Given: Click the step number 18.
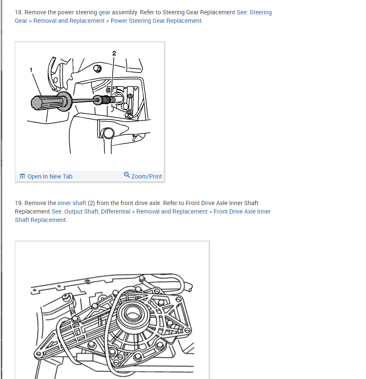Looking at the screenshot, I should [18, 12].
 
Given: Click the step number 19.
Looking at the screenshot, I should [18, 203].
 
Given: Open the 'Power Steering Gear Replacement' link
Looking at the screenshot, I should [156, 21].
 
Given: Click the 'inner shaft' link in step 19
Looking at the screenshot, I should [72, 203].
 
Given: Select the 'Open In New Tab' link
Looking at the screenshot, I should [49, 176].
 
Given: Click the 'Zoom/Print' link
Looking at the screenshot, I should [146, 176].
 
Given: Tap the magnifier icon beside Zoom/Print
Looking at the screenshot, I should [127, 175].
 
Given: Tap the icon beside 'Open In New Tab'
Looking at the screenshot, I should [22, 176].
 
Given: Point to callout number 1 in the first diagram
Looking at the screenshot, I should [31, 70].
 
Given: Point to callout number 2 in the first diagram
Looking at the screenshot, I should [114, 53].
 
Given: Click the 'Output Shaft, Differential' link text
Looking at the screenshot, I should [97, 211].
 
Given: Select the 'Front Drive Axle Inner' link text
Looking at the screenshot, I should [242, 211].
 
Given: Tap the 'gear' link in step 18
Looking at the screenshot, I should [104, 12].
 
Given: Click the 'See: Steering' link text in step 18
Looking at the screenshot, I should [254, 12].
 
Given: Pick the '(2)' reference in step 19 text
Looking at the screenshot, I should [91, 203].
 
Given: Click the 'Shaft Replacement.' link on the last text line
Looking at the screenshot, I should [41, 220].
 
